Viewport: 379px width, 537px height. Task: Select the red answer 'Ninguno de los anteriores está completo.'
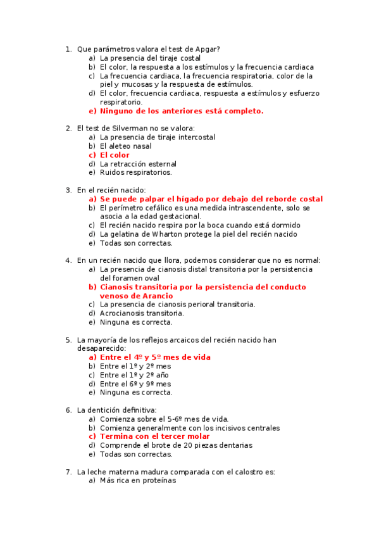pos(182,111)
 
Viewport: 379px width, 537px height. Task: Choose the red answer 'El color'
pos(115,155)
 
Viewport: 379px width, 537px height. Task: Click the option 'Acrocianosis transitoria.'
pos(142,313)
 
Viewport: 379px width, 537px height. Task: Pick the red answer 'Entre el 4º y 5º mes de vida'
pos(155,357)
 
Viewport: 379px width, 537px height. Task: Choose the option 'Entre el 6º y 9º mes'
pos(135,384)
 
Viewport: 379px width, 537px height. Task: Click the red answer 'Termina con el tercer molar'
pos(155,436)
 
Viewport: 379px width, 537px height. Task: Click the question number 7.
pos(68,472)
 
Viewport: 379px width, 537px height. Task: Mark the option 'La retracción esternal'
pos(138,164)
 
